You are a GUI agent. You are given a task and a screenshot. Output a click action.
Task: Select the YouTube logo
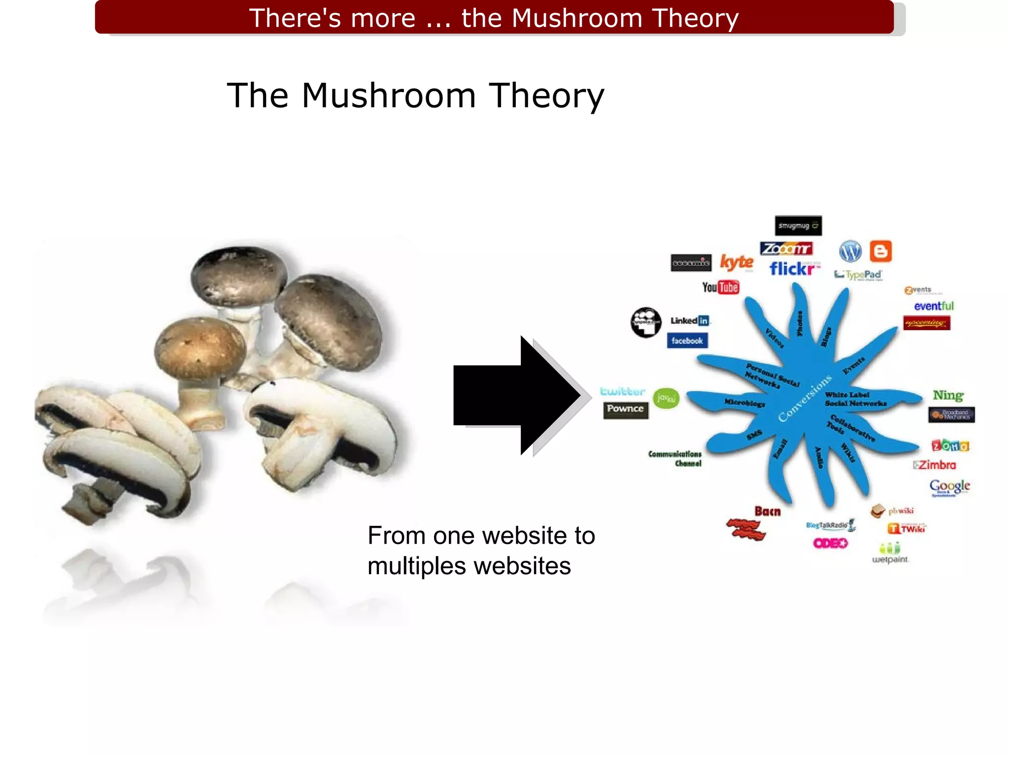(720, 287)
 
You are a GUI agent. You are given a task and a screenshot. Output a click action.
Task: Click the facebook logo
(687, 341)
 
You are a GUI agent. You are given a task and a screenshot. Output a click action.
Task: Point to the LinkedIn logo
(690, 321)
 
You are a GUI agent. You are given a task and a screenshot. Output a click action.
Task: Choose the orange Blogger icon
(880, 251)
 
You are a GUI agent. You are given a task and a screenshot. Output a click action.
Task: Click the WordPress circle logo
(850, 251)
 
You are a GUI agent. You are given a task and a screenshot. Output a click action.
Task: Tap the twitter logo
(622, 392)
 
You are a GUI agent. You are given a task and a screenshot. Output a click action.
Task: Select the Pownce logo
(626, 409)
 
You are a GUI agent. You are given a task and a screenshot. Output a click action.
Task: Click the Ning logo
(948, 395)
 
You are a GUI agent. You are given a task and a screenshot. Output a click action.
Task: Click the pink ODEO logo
(830, 543)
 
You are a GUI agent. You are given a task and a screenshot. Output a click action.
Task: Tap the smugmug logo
(798, 226)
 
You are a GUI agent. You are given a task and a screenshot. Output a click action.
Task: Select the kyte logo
(737, 263)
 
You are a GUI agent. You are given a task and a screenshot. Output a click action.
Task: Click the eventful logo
(934, 307)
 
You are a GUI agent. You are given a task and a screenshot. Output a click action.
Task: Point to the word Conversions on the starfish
(805, 399)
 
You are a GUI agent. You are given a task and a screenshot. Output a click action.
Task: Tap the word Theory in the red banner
(695, 18)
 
